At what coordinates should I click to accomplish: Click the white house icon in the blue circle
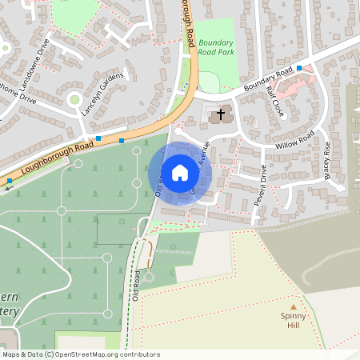pos(180,172)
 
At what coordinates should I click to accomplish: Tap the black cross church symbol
pos(220,115)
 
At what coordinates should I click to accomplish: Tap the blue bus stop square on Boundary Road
pos(299,68)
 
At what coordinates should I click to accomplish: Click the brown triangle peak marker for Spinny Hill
pos(294,306)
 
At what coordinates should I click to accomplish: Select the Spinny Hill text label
pos(294,321)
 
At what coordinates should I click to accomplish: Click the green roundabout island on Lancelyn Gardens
pos(75,101)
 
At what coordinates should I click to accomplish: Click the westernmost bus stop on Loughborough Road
pos(10,182)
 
